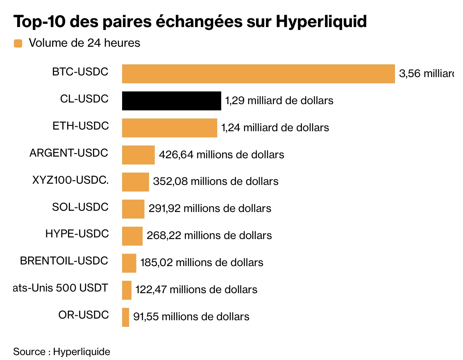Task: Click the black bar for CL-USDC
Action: (x=171, y=101)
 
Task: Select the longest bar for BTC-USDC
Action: (x=258, y=74)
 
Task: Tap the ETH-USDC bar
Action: (x=169, y=128)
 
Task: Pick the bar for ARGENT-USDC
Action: (x=138, y=155)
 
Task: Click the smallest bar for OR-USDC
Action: (x=125, y=317)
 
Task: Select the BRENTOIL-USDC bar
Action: (x=129, y=263)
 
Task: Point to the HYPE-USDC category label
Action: (x=77, y=234)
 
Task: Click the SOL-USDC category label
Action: (x=80, y=207)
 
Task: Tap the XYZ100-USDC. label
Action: (x=70, y=180)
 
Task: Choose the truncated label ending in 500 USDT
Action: (x=60, y=288)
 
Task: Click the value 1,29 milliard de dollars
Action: (x=279, y=100)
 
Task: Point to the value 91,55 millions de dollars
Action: (x=191, y=317)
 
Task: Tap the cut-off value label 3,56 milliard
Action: (x=426, y=74)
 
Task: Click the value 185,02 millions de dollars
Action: (x=202, y=262)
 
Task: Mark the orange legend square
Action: (x=18, y=43)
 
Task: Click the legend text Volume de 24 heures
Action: (x=84, y=43)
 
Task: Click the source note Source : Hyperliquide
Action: (x=61, y=351)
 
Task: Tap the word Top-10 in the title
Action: (x=39, y=22)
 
